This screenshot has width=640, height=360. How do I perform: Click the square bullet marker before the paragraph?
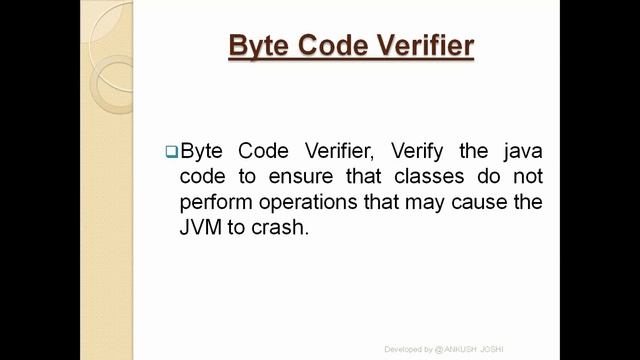(170, 152)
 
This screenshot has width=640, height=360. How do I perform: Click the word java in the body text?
(519, 151)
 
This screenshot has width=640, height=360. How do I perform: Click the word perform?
(216, 201)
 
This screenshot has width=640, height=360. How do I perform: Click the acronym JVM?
(201, 226)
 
